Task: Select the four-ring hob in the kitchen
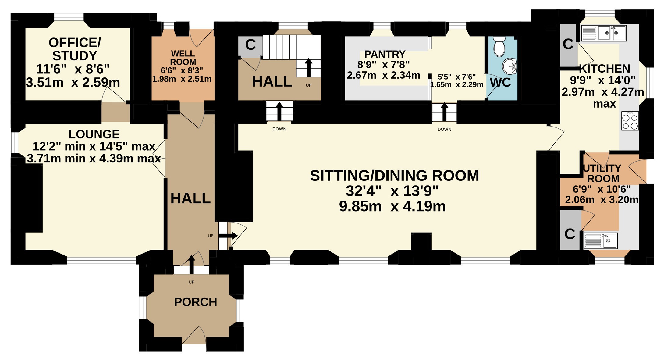630,121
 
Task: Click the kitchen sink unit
604,33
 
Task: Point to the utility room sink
600,241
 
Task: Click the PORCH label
195,302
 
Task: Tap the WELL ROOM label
183,58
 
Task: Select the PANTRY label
385,54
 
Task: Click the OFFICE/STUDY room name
75,49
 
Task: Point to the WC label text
500,83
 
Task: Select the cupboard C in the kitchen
569,45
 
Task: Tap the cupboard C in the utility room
570,230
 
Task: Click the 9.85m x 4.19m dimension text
392,206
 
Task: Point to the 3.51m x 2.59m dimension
73,83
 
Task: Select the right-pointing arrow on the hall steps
228,236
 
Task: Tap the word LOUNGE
94,134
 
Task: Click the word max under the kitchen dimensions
605,104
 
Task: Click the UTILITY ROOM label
602,173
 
